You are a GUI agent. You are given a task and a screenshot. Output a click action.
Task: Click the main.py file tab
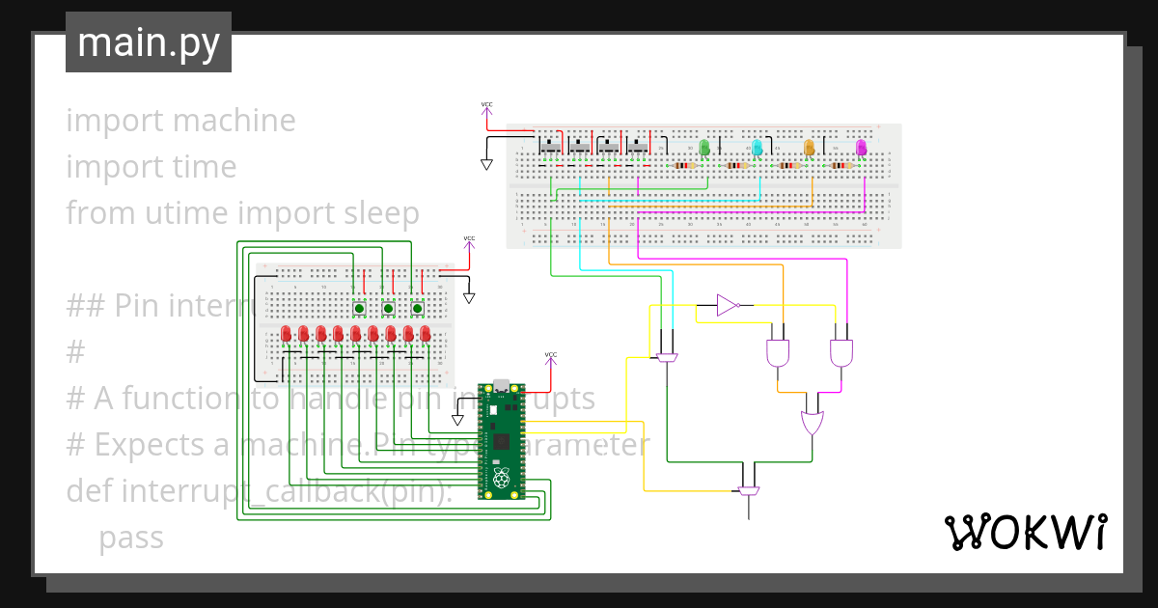149,42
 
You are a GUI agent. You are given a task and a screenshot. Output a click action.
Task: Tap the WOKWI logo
1025,532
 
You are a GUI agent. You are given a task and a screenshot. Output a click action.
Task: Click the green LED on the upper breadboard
703,148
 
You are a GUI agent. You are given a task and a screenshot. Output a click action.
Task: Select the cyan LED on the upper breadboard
757,148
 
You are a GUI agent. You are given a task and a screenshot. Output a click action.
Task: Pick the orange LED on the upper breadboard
809,148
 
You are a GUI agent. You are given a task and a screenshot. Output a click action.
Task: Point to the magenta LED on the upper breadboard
861,148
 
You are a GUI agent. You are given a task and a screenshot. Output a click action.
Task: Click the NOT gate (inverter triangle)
728,306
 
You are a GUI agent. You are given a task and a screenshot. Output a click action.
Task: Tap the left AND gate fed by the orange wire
777,353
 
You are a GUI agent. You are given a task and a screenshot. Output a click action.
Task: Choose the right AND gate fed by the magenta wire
841,353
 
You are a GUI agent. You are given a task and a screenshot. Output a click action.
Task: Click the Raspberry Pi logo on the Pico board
501,479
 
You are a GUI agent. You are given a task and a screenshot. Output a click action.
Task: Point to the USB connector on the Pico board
501,386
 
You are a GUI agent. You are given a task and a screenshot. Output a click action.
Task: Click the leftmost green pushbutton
359,309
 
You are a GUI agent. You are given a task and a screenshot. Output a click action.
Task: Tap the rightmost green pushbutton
418,309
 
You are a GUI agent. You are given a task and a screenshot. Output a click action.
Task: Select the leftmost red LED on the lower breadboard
286,334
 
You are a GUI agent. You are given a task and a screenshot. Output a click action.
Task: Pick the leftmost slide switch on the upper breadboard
549,146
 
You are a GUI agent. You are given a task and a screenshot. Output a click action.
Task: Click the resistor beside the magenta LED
841,166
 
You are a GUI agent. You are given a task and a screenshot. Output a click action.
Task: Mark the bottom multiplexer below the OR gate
748,491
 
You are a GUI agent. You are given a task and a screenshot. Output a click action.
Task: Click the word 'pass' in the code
131,538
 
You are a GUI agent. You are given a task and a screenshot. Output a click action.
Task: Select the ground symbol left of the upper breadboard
486,164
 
